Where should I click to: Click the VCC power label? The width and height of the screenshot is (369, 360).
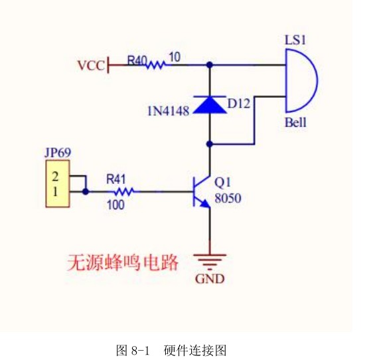(x=90, y=65)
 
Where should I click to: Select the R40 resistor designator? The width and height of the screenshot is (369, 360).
(x=137, y=60)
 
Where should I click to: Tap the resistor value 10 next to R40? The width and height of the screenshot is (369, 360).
(x=176, y=58)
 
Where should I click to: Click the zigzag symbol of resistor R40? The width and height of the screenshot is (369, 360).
(x=156, y=65)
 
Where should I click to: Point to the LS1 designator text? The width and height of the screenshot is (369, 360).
(x=295, y=41)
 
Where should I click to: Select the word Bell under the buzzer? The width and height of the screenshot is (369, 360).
(x=295, y=123)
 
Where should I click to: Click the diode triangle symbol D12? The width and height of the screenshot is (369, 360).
(x=210, y=105)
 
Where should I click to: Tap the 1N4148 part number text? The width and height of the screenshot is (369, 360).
(x=169, y=109)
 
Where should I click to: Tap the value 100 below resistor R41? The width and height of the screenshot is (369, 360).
(x=115, y=205)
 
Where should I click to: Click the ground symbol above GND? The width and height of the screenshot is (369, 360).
(x=210, y=260)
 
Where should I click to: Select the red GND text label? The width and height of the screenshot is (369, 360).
(x=210, y=279)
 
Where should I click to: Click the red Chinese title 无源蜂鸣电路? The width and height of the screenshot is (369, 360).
(x=123, y=262)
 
